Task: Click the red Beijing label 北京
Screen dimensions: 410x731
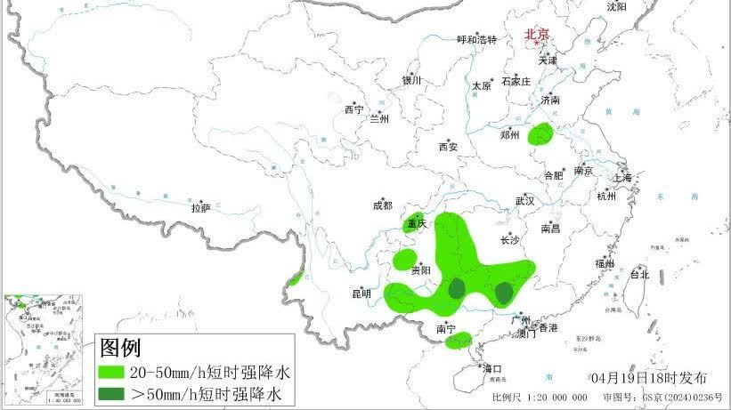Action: [537, 35]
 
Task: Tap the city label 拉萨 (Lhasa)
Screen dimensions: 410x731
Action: [200, 208]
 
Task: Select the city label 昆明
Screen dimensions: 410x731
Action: [361, 293]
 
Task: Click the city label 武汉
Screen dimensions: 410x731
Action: [524, 201]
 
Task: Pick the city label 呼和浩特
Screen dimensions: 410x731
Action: [476, 40]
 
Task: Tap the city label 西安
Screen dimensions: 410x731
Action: [448, 147]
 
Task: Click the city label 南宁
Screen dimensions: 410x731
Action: [446, 329]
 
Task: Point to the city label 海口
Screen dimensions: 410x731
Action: [492, 368]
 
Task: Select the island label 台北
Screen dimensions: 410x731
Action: [639, 275]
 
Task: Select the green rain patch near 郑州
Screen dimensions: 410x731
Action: [540, 135]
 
